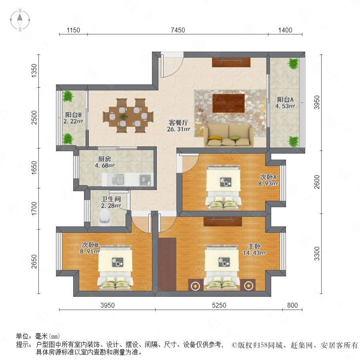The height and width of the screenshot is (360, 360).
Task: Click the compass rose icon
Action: coord(20,20)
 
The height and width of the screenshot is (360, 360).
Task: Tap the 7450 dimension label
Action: coord(178,30)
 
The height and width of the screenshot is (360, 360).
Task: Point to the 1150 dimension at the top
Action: coord(73,30)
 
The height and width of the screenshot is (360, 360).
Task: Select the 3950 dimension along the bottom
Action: coord(108,305)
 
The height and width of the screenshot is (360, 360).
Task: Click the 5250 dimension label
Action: coord(219,305)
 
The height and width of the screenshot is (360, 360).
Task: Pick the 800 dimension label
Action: coord(292,305)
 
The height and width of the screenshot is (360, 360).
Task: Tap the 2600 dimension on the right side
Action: coord(317,182)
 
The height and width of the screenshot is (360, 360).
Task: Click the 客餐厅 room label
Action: coord(178,123)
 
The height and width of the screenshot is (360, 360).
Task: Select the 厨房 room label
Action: coord(104,159)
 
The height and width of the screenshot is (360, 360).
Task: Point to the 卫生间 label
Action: coord(111,199)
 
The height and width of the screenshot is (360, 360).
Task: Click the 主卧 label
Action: coord(254,246)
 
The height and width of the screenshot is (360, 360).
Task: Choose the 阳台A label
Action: coord(285,100)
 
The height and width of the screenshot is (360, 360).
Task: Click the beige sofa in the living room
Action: coord(229,136)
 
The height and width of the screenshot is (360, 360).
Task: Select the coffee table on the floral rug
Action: coord(228,103)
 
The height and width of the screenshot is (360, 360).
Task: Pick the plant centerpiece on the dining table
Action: coord(124,117)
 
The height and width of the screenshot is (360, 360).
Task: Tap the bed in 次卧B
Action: coord(115,267)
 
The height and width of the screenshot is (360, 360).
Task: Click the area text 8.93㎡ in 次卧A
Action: coord(268,184)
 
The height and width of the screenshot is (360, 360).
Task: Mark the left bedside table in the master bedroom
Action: coord(195,285)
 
